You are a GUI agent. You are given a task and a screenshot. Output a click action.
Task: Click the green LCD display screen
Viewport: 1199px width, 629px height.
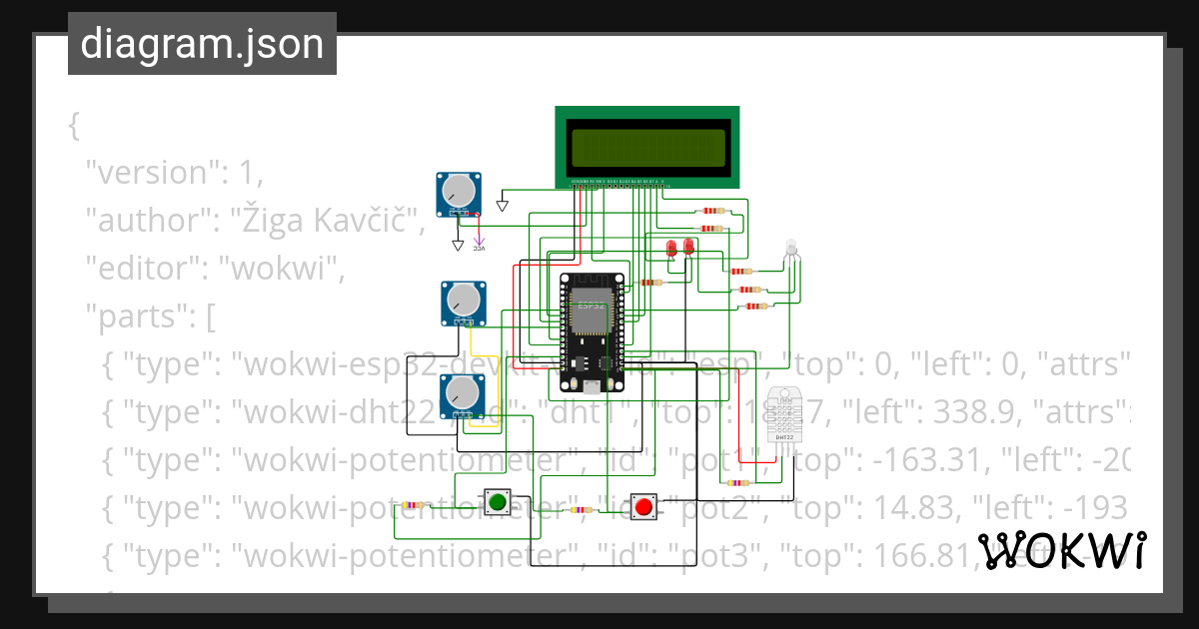[x=647, y=148]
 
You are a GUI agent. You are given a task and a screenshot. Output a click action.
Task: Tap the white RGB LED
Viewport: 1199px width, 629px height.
[x=791, y=248]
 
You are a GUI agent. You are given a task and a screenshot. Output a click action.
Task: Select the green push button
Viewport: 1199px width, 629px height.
[x=498, y=501]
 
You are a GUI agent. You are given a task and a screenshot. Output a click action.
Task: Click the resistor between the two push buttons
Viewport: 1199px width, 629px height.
[x=578, y=510]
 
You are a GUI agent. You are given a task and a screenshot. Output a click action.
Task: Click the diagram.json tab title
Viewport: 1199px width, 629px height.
[x=202, y=44]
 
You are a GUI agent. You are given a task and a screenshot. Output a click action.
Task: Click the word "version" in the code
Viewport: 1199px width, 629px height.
[x=148, y=172]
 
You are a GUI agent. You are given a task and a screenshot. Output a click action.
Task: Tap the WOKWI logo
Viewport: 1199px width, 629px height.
[x=1061, y=550]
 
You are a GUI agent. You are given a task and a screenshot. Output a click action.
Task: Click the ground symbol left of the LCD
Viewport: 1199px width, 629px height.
[x=503, y=205]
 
